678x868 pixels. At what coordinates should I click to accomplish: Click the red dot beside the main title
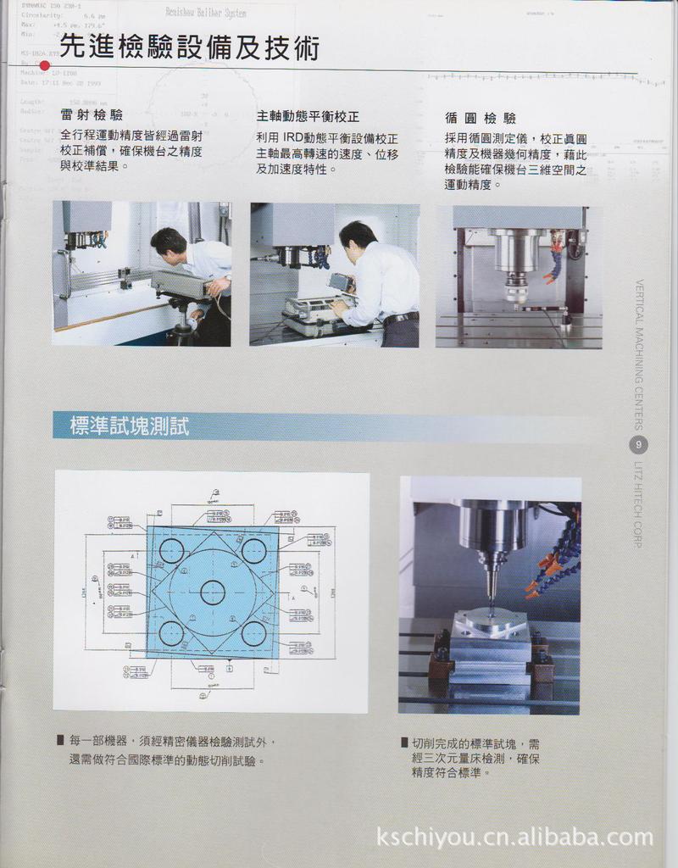coord(45,65)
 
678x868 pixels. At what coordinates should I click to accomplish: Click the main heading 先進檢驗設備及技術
coord(190,47)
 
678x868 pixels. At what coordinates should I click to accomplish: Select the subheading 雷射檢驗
coord(92,115)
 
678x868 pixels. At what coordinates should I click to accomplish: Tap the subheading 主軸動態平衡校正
coord(308,116)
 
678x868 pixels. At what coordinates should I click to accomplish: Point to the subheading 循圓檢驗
coord(480,118)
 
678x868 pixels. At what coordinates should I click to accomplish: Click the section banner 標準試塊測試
coord(130,426)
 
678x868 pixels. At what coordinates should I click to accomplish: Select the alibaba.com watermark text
coord(514,837)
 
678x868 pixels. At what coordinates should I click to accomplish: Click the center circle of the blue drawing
coord(213,592)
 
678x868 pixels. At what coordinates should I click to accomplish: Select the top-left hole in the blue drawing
coord(171,551)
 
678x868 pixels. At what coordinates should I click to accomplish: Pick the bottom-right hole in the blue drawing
coord(253,633)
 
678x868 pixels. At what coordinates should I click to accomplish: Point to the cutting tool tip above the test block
coord(490,606)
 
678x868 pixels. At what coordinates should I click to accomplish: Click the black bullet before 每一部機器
coord(61,740)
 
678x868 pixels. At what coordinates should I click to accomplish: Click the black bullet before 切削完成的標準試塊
coord(405,743)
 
